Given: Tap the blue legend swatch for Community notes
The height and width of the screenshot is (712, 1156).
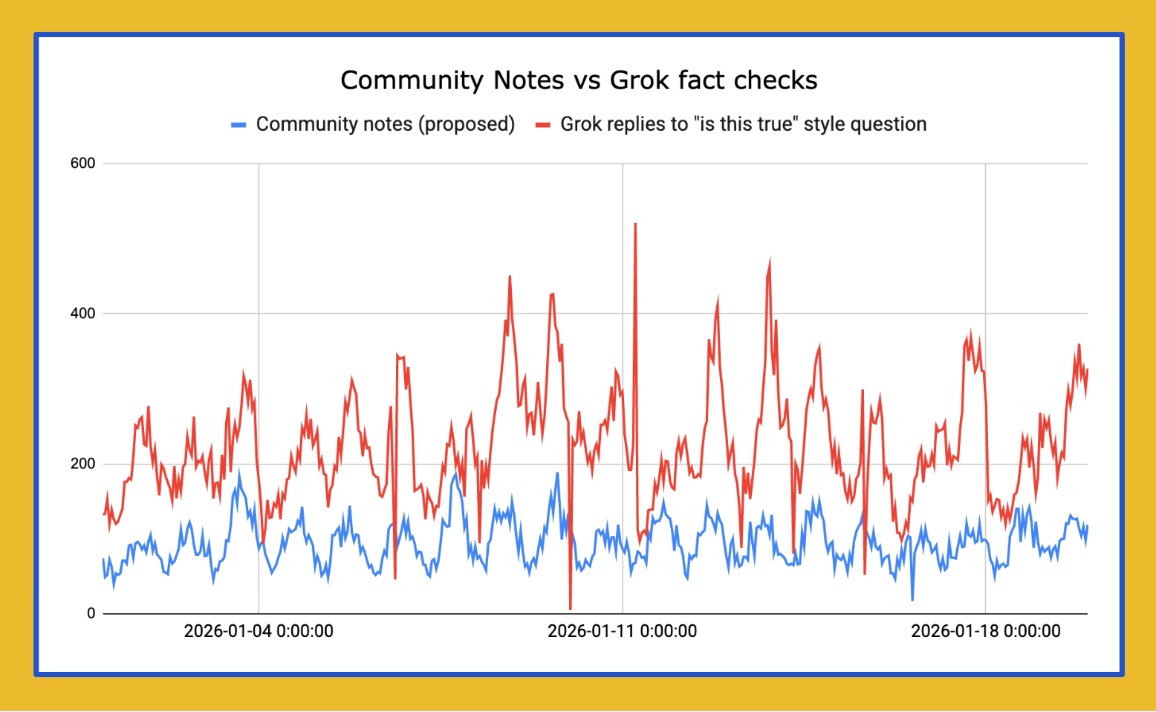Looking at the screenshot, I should coord(238,125).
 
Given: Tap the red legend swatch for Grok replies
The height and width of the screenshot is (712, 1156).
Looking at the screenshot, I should coord(543,125).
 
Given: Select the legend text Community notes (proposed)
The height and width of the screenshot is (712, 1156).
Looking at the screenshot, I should coord(385,124).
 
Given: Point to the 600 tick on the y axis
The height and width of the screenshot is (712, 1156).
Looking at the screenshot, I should coord(82,164).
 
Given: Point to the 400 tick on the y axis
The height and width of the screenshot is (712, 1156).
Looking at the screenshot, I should coord(82,314).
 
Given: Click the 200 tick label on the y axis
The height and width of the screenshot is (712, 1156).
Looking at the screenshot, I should coord(82,464).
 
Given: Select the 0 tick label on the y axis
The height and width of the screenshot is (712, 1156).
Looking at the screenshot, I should coord(91,614).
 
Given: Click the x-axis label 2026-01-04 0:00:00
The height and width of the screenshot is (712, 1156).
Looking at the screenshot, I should coord(259,632).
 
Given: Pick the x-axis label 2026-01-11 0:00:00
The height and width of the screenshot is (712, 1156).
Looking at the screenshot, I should coord(622,632).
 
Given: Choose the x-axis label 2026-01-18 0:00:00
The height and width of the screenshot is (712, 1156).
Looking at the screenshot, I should coord(985,632).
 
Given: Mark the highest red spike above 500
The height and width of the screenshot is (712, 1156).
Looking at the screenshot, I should coord(635,224).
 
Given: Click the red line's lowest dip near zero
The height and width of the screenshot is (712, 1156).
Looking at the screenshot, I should coord(571,608).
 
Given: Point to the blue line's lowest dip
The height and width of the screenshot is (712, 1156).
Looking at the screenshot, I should coord(912,599).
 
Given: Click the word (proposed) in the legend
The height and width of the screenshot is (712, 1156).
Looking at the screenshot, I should coord(467,124).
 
